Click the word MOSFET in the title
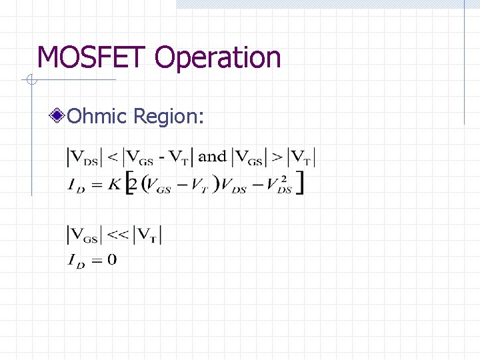93,58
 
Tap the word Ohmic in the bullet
97,117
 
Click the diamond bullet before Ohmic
59,117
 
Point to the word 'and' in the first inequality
213,157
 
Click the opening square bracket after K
129,183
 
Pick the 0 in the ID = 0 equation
111,259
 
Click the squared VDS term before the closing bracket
281,186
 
